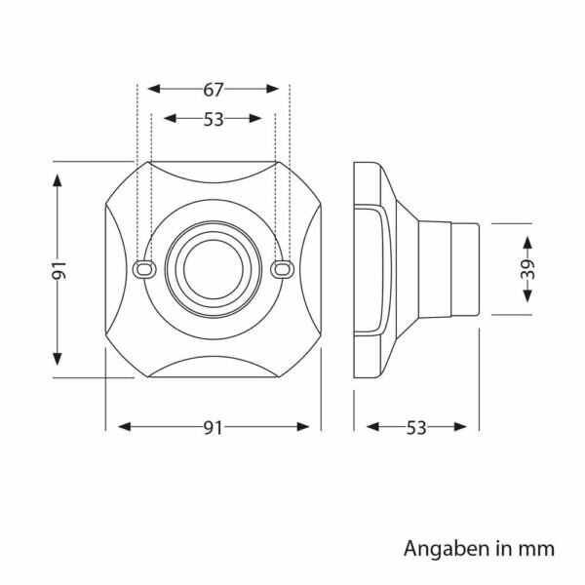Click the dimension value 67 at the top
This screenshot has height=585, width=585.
213,90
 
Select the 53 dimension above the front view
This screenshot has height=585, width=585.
213,119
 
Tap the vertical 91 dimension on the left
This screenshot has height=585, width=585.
58,270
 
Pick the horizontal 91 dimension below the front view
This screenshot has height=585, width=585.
213,428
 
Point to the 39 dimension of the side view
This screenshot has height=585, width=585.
527,269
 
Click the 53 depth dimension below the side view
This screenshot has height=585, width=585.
416,428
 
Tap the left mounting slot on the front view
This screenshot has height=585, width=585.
144,269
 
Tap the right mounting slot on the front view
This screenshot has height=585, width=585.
282,269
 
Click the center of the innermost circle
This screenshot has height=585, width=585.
213,269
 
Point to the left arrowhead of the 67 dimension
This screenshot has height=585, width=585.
154,89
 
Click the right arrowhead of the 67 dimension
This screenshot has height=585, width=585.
273,89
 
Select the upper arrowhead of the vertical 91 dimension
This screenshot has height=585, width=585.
58,180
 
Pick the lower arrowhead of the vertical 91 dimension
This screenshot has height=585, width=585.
58,359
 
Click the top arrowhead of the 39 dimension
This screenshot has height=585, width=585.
527,243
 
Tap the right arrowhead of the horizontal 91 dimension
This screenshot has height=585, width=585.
303,427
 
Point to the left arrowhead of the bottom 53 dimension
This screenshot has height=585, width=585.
372,427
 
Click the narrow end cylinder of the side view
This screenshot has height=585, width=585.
465,269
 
